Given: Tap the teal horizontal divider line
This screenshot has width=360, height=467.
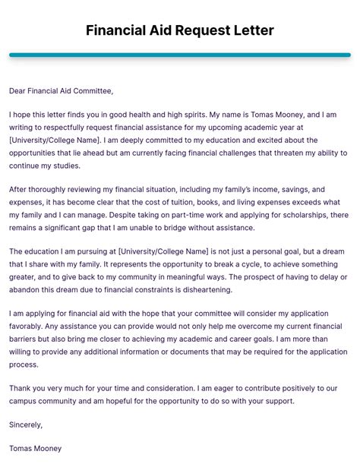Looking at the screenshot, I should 180,55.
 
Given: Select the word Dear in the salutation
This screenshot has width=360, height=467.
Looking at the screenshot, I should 19,91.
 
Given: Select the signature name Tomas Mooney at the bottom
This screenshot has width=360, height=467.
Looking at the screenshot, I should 35,448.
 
